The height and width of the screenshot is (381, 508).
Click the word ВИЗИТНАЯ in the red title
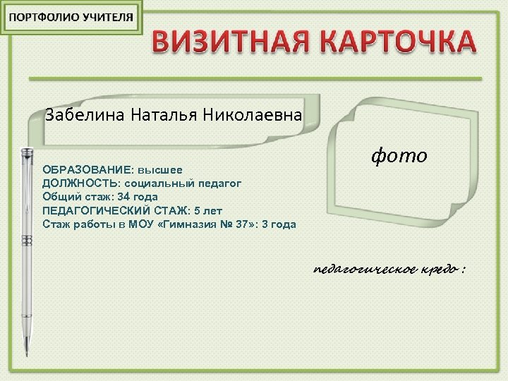coord(230,43)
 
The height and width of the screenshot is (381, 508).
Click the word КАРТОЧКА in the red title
coord(397,43)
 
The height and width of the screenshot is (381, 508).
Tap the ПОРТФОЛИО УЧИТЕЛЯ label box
coord(71,18)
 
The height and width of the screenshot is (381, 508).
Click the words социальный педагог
coord(183,183)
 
